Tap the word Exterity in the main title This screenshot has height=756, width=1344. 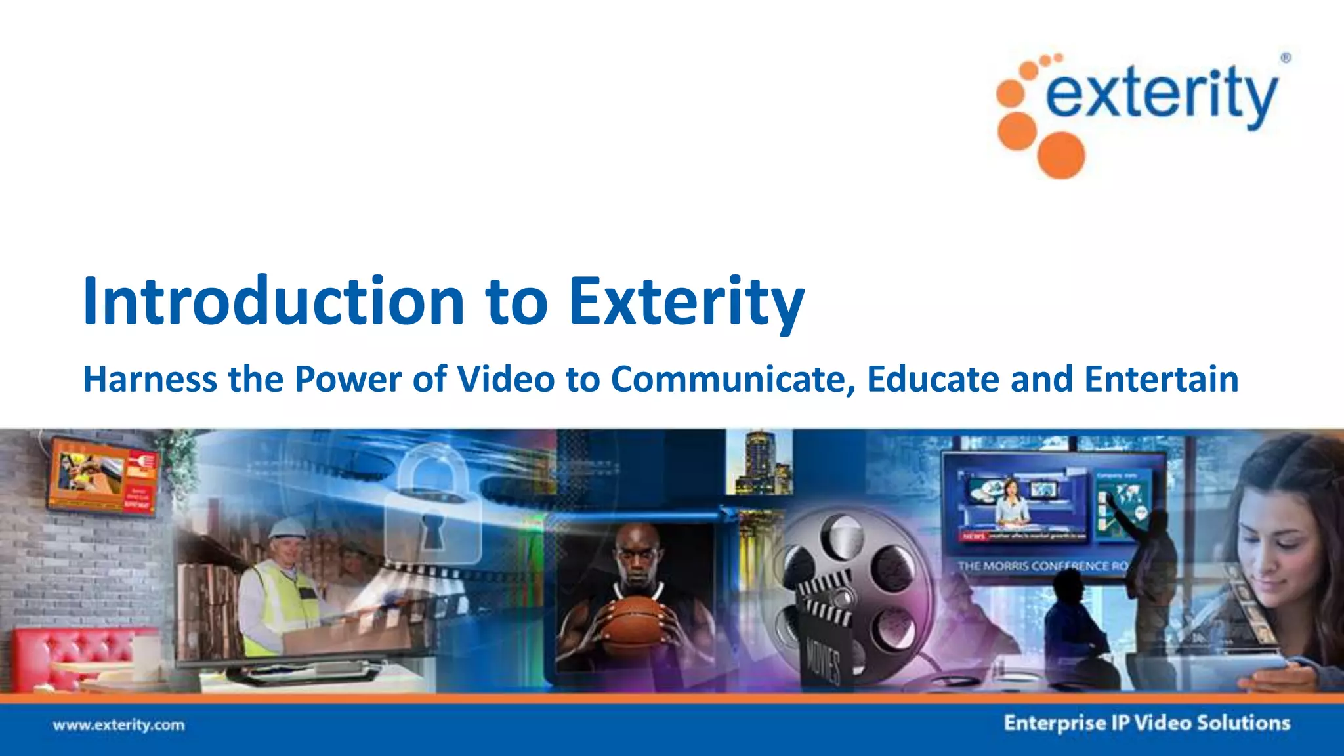tap(686, 302)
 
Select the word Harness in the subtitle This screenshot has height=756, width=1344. tap(150, 379)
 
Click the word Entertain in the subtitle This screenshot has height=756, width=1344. tap(1161, 379)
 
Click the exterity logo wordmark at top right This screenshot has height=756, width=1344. tap(1162, 95)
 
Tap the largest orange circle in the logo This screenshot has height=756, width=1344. tap(1060, 155)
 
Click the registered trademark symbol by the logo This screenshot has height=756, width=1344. tap(1285, 58)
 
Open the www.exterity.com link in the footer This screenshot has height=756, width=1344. tap(119, 725)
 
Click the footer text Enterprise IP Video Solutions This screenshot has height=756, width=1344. tap(1146, 723)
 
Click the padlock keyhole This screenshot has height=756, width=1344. tap(431, 528)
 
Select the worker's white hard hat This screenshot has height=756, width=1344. tap(288, 528)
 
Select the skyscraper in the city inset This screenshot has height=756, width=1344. tap(758, 463)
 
